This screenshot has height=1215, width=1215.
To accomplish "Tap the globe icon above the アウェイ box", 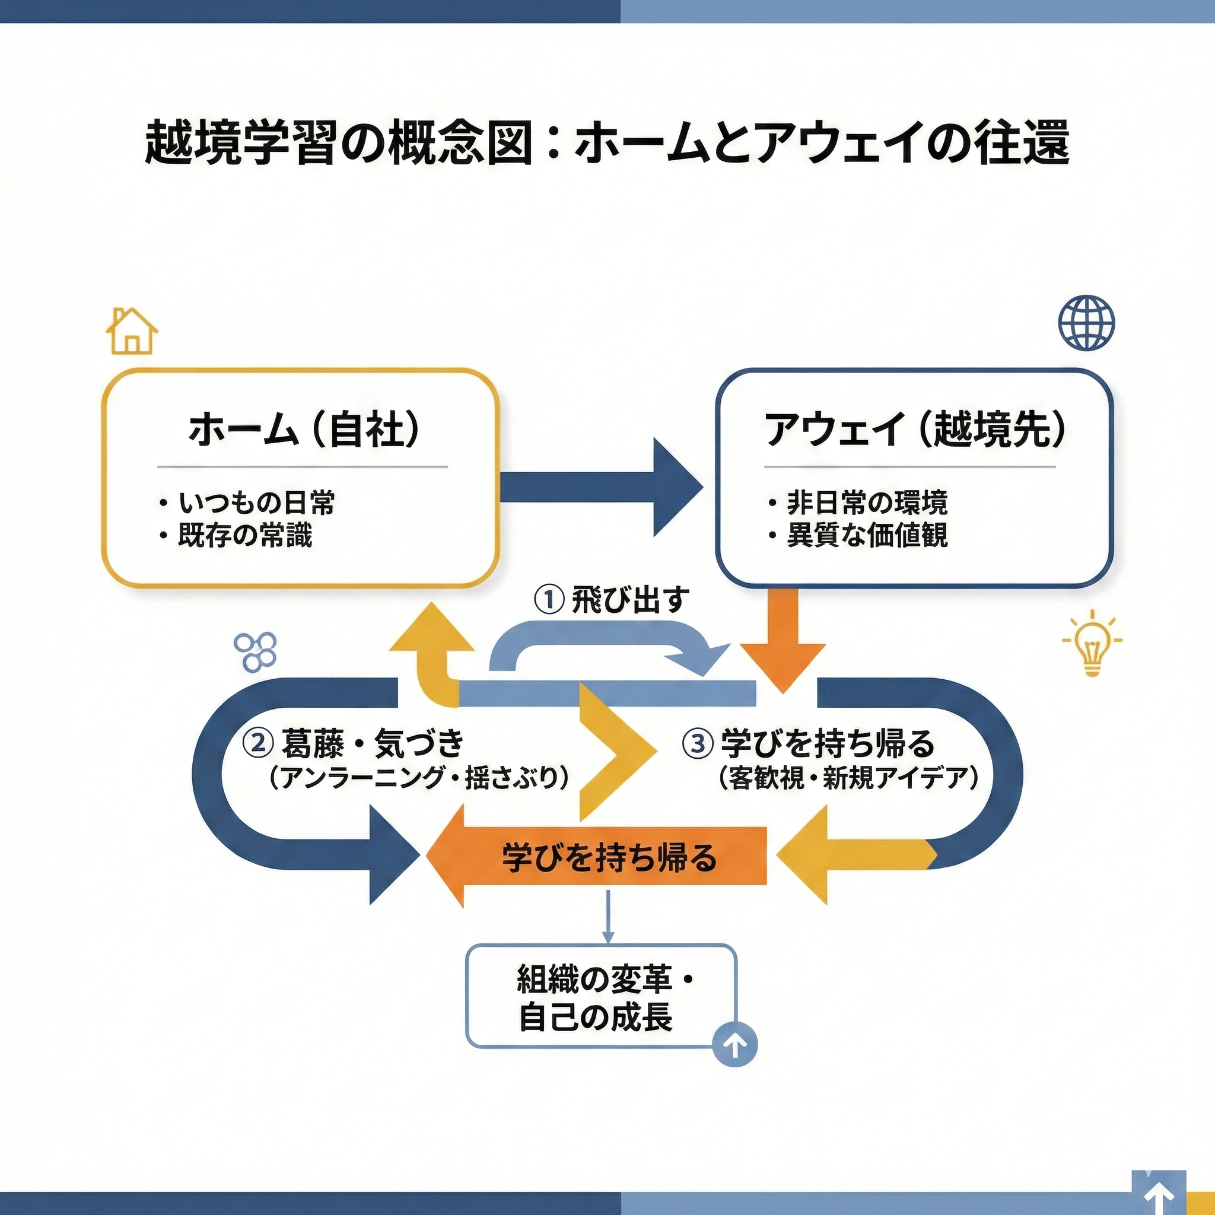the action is (x=1087, y=323).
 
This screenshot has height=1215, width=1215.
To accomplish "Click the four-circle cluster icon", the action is (x=255, y=651).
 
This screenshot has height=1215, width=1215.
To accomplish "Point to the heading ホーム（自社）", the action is (x=303, y=430).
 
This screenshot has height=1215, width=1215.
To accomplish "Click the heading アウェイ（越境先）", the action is (x=915, y=430).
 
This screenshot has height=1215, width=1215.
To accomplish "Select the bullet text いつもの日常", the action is (x=256, y=503).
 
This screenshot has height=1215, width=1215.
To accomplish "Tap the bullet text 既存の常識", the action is (x=245, y=536).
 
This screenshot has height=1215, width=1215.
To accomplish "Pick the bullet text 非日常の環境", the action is (x=867, y=503).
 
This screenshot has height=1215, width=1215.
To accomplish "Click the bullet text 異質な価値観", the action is (x=867, y=536).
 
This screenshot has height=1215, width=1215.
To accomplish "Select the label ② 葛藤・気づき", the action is (x=354, y=743).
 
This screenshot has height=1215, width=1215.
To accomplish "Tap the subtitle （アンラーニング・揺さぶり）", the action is (x=418, y=778).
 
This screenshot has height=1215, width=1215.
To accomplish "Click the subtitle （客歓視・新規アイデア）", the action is (x=848, y=778).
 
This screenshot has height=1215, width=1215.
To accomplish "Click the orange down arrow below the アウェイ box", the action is (x=783, y=640).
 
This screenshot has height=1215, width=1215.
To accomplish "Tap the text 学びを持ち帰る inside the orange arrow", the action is (x=609, y=857).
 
